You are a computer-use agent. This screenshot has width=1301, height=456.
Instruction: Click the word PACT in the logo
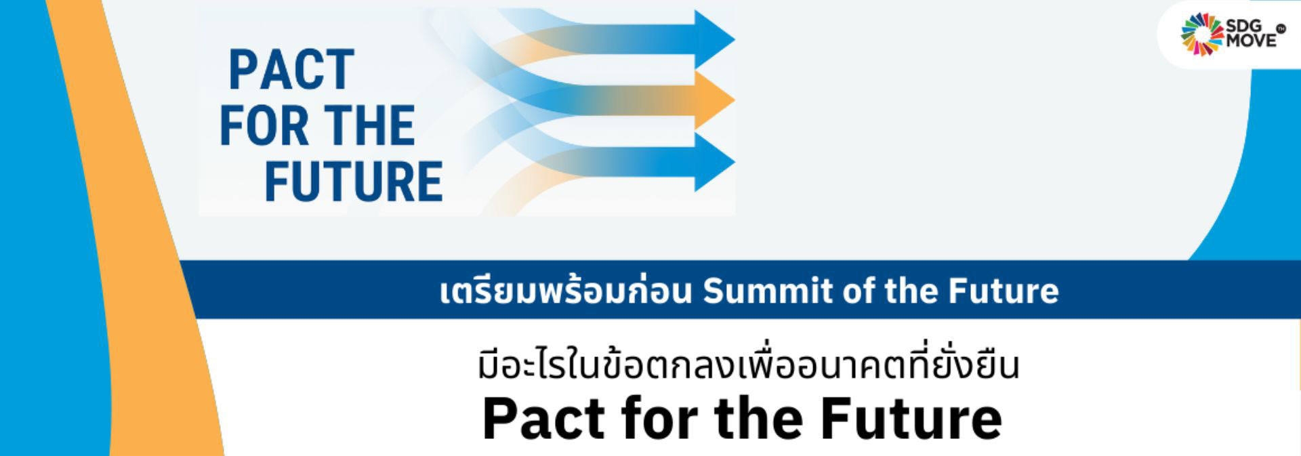pyautogui.click(x=292, y=70)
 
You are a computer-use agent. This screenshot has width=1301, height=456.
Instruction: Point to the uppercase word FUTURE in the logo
pyautogui.click(x=354, y=182)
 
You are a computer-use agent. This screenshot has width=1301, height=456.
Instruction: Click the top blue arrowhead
pyautogui.click(x=713, y=39)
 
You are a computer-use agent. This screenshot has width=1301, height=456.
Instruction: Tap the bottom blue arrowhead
pyautogui.click(x=713, y=162)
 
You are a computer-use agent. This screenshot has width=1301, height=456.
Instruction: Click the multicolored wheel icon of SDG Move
pyautogui.click(x=1202, y=35)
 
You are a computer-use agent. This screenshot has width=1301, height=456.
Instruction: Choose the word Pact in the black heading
pyautogui.click(x=544, y=418)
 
